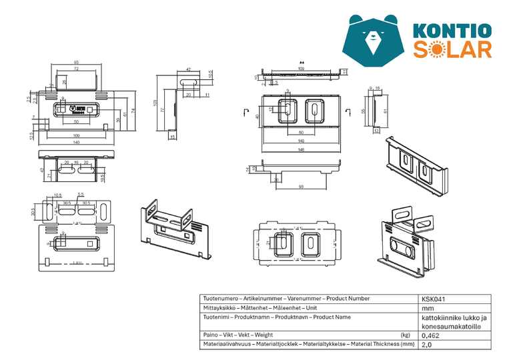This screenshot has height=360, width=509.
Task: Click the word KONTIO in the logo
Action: tap(452, 31)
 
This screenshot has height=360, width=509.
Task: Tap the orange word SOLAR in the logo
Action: tap(452, 49)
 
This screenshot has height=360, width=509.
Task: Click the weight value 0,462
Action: tap(431, 335)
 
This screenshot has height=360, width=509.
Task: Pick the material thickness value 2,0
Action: tap(427, 345)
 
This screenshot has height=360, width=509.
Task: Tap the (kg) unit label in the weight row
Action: tap(405, 335)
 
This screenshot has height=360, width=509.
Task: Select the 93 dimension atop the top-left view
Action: tap(77, 63)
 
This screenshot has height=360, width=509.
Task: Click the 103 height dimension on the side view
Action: tap(155, 103)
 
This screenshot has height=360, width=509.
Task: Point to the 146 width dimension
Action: tap(301, 150)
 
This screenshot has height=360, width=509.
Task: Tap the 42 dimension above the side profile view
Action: tap(188, 69)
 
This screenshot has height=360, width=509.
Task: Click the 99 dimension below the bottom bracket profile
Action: tap(301, 186)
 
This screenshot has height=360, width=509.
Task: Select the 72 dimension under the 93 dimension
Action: tap(76, 69)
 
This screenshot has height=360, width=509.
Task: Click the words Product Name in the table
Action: tap(332, 317)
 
